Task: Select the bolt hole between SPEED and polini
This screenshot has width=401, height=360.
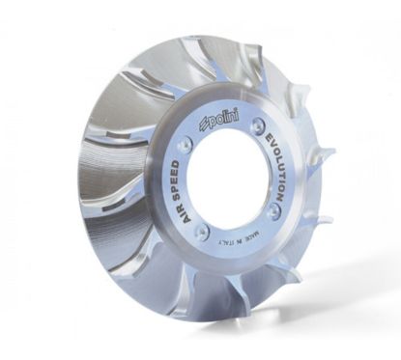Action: tap(190, 139)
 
